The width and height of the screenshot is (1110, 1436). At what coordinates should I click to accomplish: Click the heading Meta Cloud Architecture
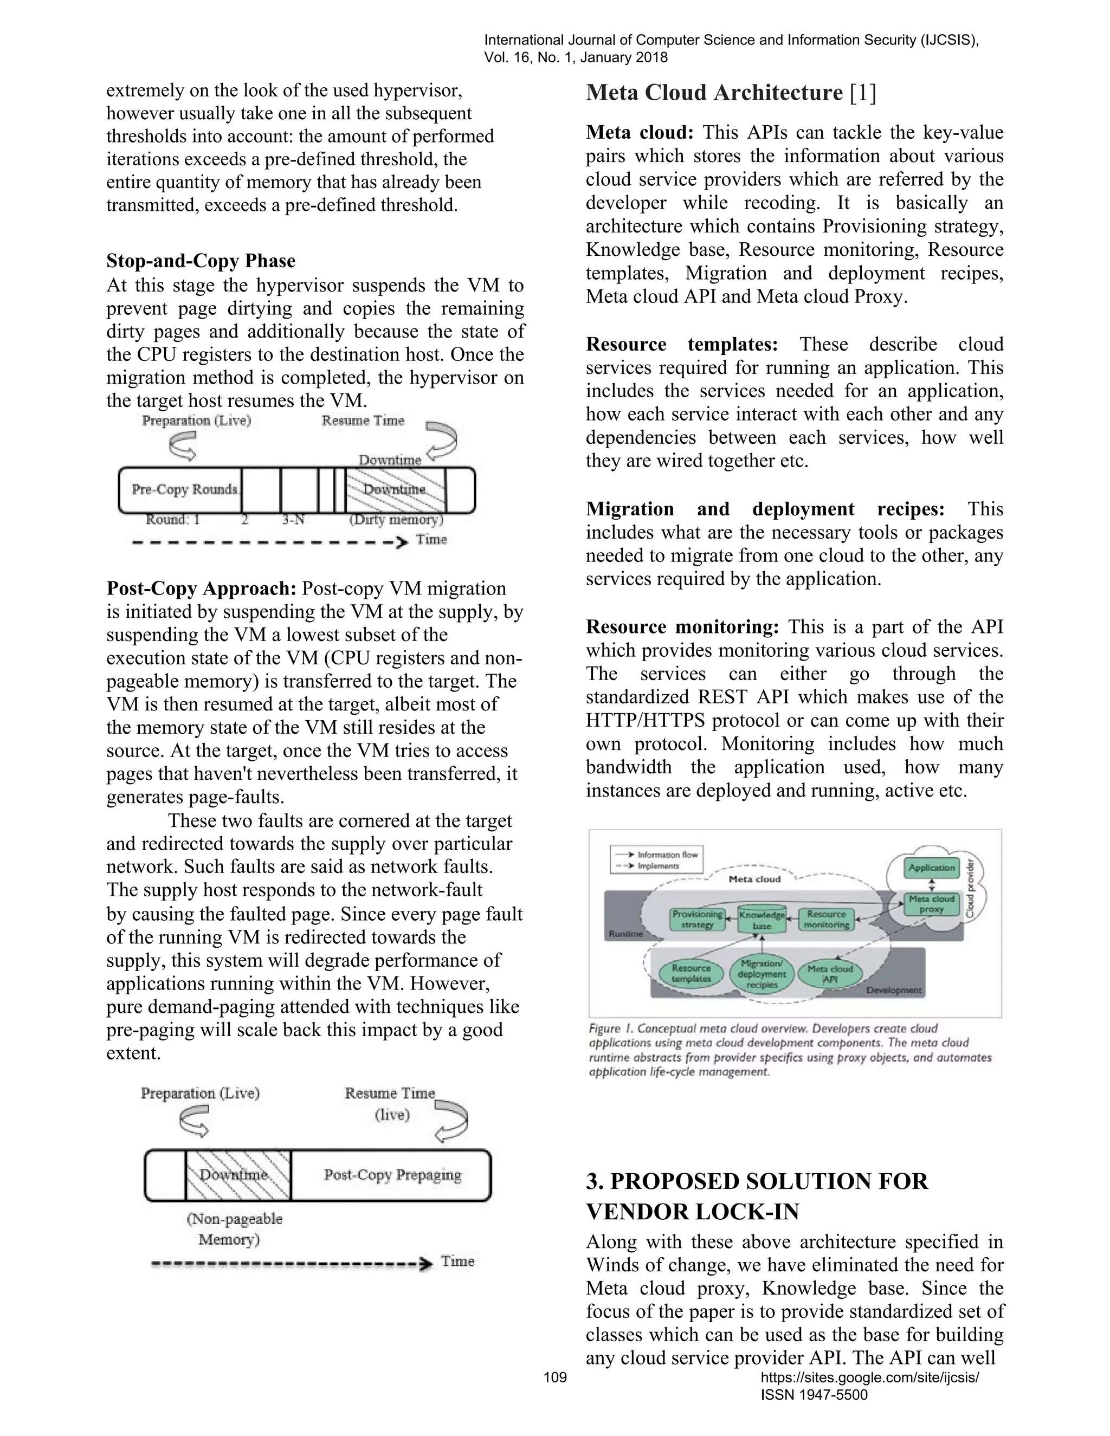[714, 93]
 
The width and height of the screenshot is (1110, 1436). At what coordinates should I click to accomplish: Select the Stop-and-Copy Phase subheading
[201, 261]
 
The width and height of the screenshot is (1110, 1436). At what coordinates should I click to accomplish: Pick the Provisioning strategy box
[697, 918]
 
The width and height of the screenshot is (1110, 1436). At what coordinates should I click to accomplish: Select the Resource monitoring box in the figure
[826, 918]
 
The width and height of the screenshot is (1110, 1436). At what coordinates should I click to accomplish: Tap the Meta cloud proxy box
[931, 903]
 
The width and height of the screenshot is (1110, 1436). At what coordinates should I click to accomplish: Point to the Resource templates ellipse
[691, 973]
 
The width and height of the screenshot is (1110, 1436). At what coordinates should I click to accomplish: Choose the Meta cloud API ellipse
[830, 974]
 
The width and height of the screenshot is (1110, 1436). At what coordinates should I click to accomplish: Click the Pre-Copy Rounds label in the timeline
[184, 489]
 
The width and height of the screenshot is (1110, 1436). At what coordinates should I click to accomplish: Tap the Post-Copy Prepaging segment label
[392, 1174]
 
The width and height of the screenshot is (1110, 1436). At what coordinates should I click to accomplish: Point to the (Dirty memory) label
[396, 520]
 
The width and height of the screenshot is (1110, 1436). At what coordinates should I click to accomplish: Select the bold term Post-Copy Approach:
[202, 588]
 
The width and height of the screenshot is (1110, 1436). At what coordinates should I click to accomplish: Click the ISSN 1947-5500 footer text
[814, 1395]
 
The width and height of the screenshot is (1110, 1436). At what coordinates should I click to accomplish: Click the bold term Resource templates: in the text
[682, 345]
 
